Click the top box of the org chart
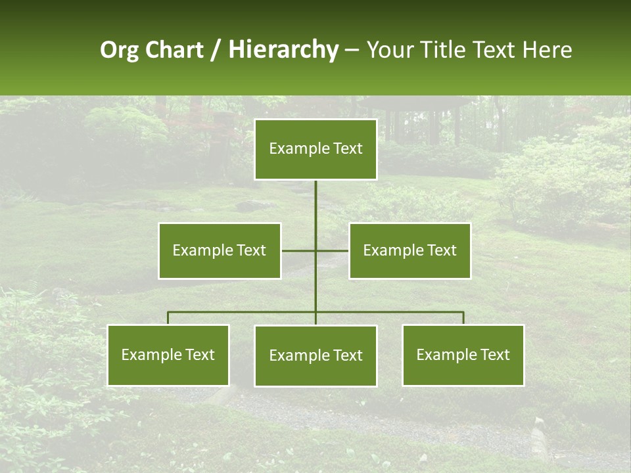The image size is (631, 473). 315,149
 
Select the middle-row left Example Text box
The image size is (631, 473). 219,250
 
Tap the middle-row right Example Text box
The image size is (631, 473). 409,250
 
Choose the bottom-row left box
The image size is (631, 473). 168,355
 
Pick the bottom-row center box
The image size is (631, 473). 315,355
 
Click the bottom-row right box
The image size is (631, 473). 463,355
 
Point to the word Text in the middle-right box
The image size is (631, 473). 441,250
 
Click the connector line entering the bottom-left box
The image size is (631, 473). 168,318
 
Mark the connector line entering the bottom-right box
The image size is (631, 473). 463,318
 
